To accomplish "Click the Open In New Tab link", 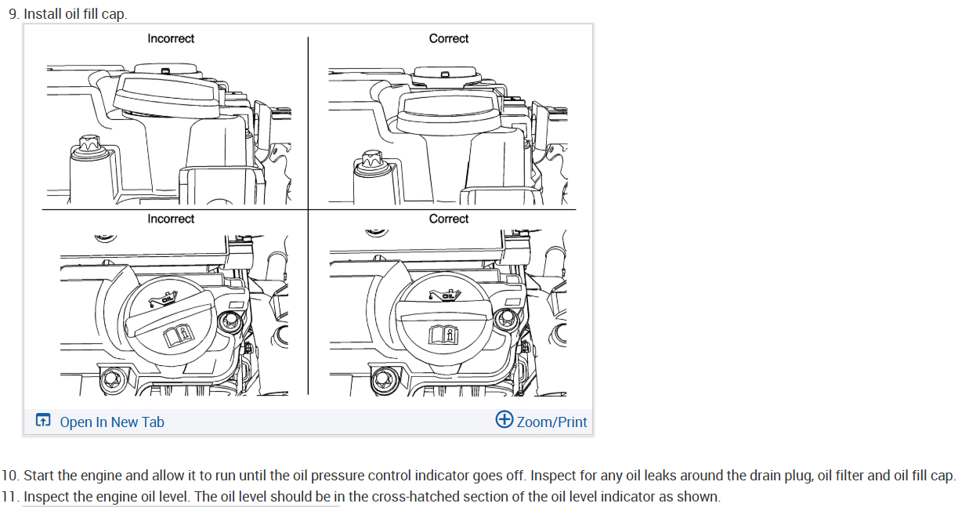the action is click(112, 422).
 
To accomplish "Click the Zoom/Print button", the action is click(551, 422).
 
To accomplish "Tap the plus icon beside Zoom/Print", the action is click(504, 420).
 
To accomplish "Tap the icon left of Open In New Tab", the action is click(43, 422).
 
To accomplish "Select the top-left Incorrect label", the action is click(171, 38).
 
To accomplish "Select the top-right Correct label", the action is click(449, 38).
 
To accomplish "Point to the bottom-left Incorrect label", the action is click(171, 219).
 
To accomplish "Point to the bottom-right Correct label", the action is click(449, 219).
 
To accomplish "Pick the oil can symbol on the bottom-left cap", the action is click(163, 299).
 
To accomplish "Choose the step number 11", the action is click(9, 496).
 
